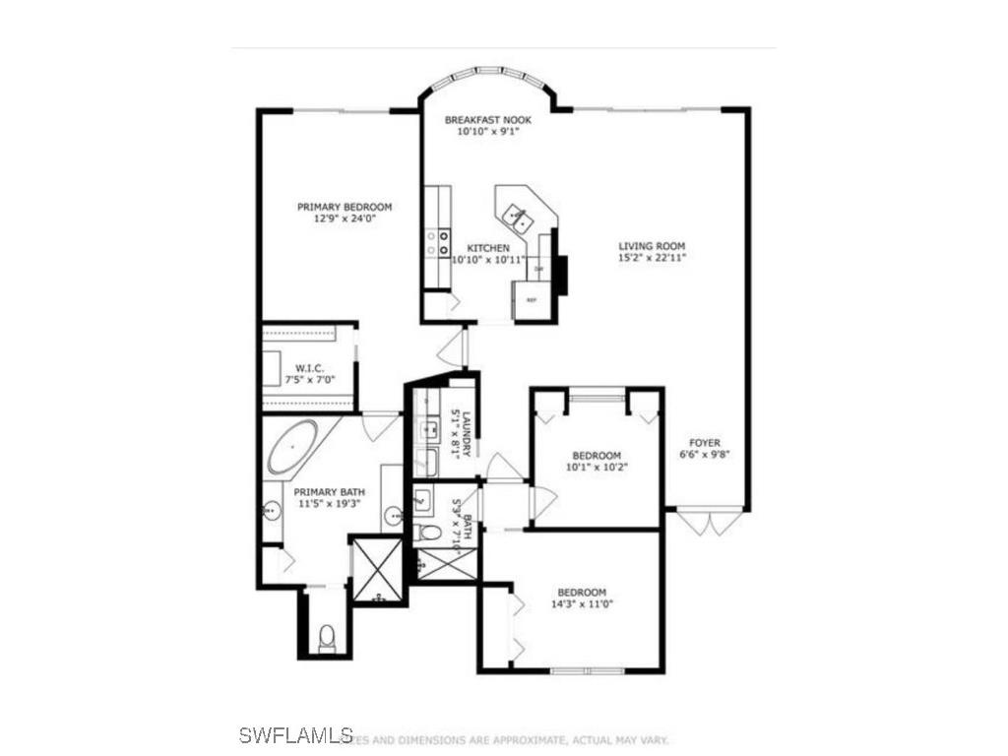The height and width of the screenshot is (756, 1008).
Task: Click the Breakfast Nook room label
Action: pos(488,120)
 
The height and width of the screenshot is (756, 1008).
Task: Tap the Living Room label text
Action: pos(652,246)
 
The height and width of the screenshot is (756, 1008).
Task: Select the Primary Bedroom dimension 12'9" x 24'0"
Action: pos(345,219)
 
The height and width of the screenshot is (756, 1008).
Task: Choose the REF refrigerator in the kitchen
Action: pos(532,299)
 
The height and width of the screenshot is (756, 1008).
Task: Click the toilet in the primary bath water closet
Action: pos(328,638)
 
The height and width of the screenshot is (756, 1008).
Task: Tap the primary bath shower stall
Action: pos(377,568)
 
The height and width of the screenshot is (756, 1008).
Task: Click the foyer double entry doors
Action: pos(706,521)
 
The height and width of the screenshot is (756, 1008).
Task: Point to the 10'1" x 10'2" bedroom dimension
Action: pos(597,467)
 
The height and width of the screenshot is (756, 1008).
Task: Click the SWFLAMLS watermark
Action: pos(295,734)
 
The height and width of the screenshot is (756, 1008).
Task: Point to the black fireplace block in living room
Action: pos(561,276)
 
